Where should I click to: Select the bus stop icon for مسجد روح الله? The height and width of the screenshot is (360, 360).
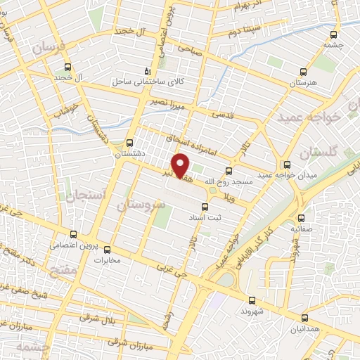click(229, 171)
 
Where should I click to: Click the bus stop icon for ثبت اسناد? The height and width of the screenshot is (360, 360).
click(205, 207)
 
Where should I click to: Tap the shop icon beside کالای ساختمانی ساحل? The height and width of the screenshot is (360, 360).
click(147, 71)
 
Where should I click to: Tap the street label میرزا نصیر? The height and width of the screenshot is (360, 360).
click(166, 101)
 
